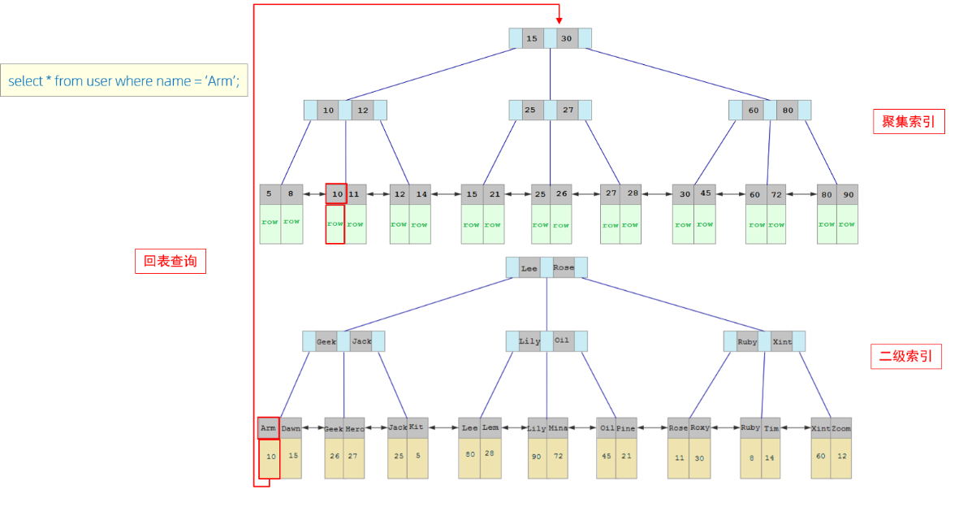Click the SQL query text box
click(x=124, y=80)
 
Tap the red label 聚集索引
click(x=908, y=122)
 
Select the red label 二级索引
click(x=905, y=356)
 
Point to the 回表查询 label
click(x=170, y=261)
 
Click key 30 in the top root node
click(x=566, y=38)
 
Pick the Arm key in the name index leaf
click(x=269, y=427)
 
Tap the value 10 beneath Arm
click(x=270, y=457)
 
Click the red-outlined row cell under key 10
click(x=335, y=223)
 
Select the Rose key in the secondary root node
click(x=563, y=267)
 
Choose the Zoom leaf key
click(x=841, y=428)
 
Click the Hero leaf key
click(x=355, y=428)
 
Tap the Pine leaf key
click(x=625, y=428)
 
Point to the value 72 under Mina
click(x=558, y=457)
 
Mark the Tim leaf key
click(x=771, y=428)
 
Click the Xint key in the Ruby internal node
click(x=782, y=341)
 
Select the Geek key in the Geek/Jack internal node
click(x=326, y=341)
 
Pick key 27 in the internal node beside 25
click(x=568, y=110)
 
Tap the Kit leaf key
click(x=417, y=427)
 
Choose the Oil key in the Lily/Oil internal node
click(x=562, y=340)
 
